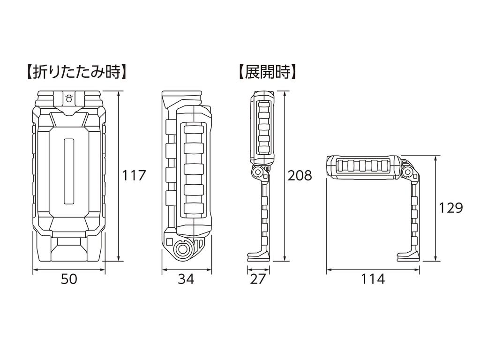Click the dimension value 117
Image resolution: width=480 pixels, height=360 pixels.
(x=135, y=175)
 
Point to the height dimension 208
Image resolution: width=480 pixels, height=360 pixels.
(x=299, y=175)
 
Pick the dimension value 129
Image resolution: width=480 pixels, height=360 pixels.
(x=451, y=207)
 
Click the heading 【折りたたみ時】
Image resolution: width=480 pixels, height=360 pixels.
(x=75, y=72)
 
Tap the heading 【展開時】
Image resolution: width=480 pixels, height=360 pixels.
(x=267, y=72)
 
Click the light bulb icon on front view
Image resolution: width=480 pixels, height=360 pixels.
(x=69, y=98)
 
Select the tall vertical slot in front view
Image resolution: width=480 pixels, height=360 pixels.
(x=69, y=171)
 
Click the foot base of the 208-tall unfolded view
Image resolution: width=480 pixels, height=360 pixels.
(x=259, y=255)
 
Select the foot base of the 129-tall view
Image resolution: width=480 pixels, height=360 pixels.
(x=409, y=255)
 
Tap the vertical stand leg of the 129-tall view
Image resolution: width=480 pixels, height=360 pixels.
(x=414, y=216)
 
